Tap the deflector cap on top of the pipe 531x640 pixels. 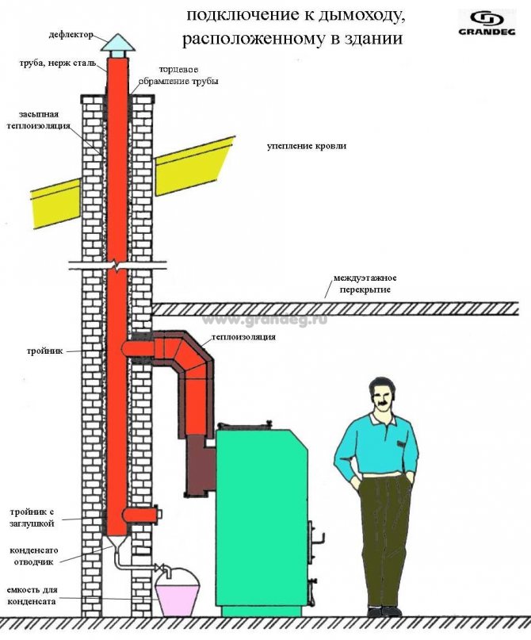[117, 42]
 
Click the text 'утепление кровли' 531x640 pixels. [306, 147]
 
